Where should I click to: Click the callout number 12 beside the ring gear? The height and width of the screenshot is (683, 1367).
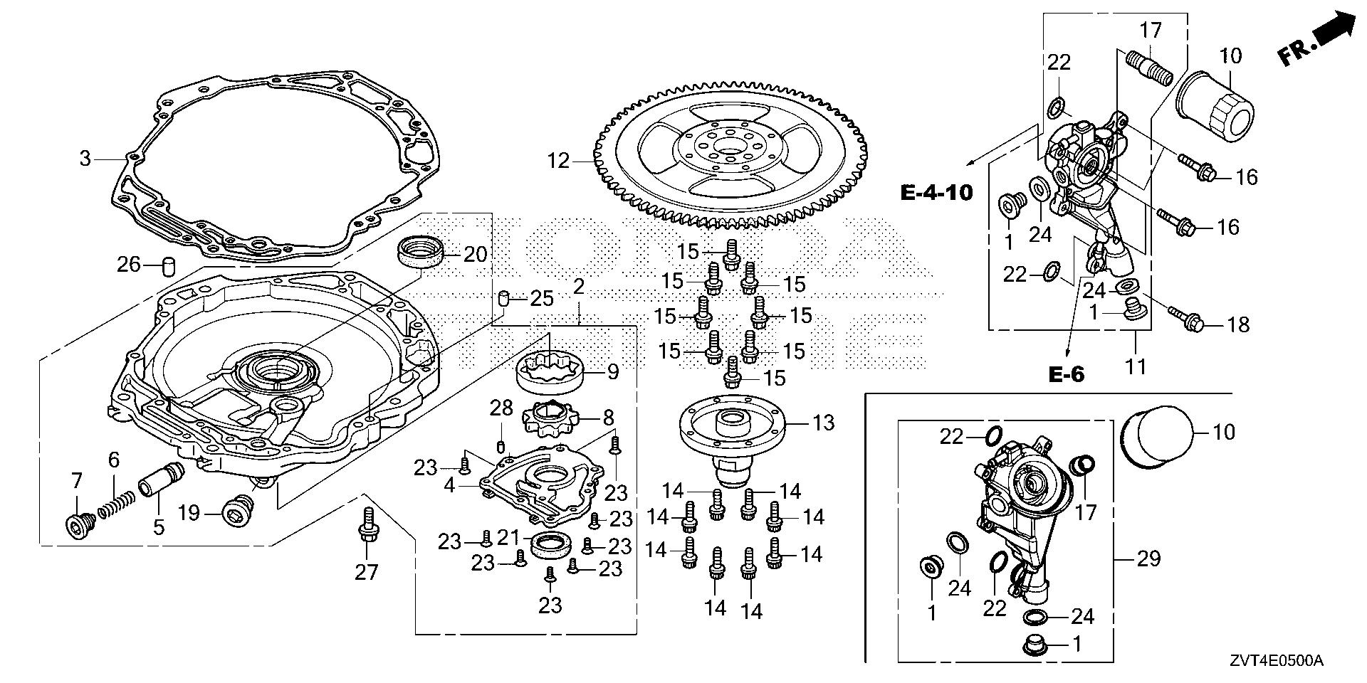click(x=559, y=162)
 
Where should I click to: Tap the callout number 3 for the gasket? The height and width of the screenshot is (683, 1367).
click(x=85, y=158)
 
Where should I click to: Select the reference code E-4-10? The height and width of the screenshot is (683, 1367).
click(x=936, y=192)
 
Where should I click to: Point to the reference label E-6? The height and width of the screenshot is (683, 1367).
click(x=1066, y=374)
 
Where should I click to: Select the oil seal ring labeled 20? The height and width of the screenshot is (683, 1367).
click(x=420, y=253)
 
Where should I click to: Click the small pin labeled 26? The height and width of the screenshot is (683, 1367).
click(x=169, y=266)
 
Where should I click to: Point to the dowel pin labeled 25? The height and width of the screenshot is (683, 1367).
click(x=503, y=298)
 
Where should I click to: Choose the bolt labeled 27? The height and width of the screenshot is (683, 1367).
click(x=367, y=525)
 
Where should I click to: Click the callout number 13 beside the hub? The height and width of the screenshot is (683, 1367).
click(x=823, y=423)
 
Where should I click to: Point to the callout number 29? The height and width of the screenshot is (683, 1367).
click(x=1148, y=559)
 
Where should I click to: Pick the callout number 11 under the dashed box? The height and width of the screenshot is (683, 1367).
click(x=1136, y=367)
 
